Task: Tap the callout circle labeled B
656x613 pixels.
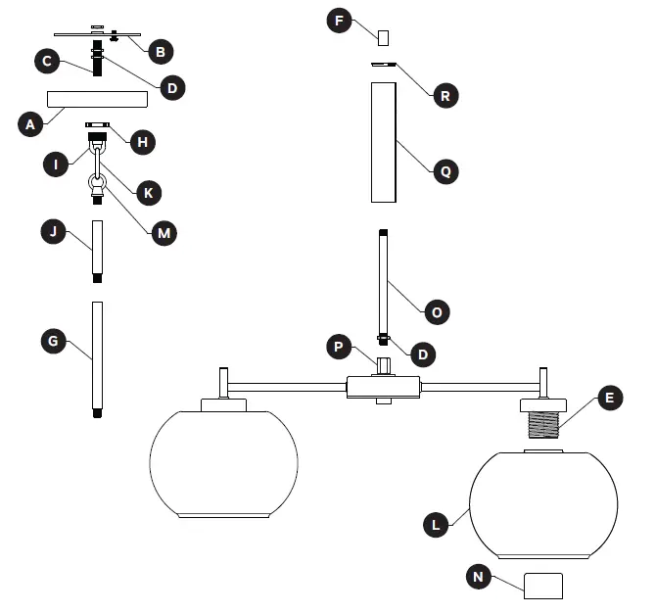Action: [x=158, y=47]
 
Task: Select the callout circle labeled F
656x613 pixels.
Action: [x=340, y=21]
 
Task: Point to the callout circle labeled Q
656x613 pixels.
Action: [x=445, y=170]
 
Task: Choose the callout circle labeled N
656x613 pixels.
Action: [x=479, y=577]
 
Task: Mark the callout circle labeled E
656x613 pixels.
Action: [x=609, y=399]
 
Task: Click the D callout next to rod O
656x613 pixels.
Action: [x=423, y=352]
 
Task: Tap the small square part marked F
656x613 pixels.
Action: [x=384, y=37]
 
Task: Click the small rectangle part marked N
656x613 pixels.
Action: [x=543, y=586]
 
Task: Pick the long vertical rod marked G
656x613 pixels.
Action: [x=96, y=358]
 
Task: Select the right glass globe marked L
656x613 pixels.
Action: [x=543, y=504]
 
